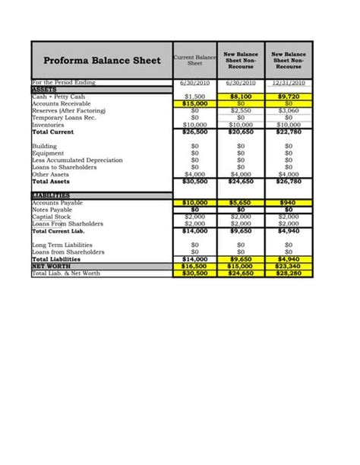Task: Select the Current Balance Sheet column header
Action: pyautogui.click(x=195, y=59)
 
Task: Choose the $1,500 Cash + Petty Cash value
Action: pyautogui.click(x=195, y=97)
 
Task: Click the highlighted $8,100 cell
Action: pyautogui.click(x=242, y=97)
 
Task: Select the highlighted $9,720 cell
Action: pyautogui.click(x=288, y=97)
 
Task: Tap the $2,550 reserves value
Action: pyautogui.click(x=242, y=111)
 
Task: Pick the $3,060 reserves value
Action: pyautogui.click(x=288, y=111)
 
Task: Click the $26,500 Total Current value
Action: pyautogui.click(x=195, y=131)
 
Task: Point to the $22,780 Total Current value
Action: pyautogui.click(x=288, y=131)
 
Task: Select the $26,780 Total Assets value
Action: pyautogui.click(x=288, y=182)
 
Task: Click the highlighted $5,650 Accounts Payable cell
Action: pyautogui.click(x=242, y=203)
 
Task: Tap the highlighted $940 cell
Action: pyautogui.click(x=288, y=203)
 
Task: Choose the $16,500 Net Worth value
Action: pyautogui.click(x=195, y=267)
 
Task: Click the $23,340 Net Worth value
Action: pyautogui.click(x=288, y=267)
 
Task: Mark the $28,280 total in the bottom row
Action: pyautogui.click(x=288, y=274)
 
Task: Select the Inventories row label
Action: pyautogui.click(x=49, y=125)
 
